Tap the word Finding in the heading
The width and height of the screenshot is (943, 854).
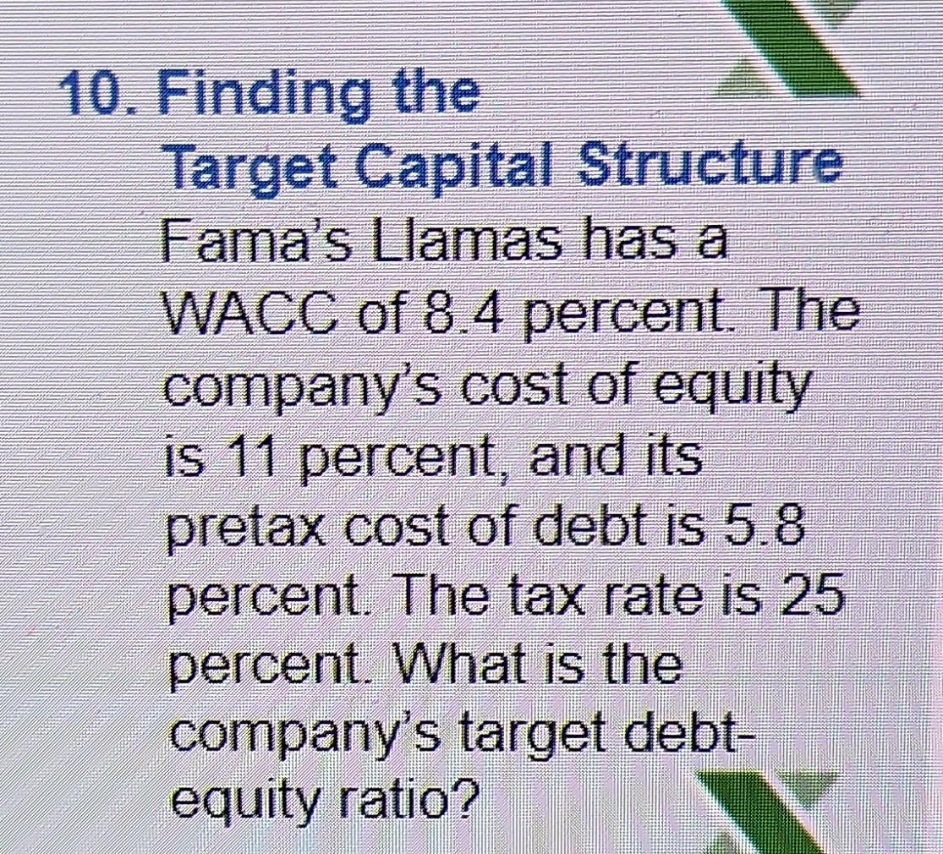[263, 95]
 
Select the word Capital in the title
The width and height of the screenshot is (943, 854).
[458, 169]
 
